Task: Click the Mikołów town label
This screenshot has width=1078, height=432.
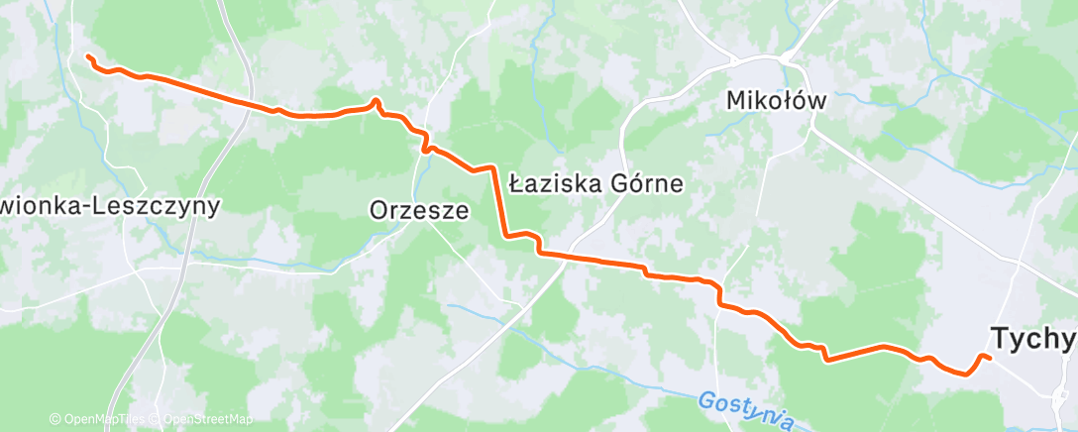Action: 777,100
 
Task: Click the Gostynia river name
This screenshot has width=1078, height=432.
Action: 745,409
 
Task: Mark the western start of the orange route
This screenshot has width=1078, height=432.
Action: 88,56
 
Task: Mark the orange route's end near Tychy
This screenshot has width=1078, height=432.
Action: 988,357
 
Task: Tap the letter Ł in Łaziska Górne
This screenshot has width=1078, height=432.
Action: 516,183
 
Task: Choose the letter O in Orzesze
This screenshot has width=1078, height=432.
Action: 378,210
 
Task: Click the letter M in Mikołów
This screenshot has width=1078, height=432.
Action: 737,100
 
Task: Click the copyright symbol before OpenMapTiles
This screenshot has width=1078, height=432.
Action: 54,420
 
